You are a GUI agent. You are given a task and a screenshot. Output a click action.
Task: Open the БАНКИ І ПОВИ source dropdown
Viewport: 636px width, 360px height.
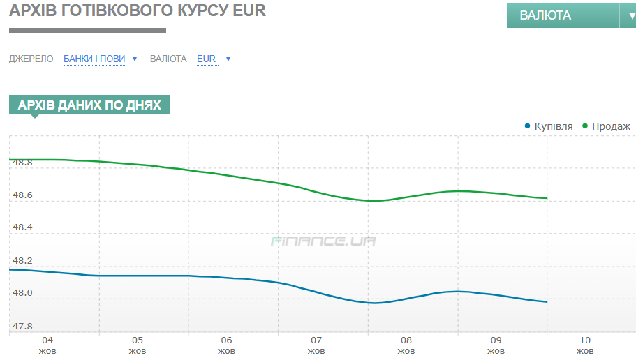click(x=94, y=59)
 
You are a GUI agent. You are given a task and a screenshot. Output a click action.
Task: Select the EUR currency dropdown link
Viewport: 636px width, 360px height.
click(x=207, y=59)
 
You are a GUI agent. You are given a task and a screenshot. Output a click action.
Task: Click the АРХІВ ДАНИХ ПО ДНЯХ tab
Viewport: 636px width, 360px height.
click(x=89, y=105)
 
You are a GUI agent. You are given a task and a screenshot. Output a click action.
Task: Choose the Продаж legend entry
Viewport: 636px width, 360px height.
click(x=611, y=126)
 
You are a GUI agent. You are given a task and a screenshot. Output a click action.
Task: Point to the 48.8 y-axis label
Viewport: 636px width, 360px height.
click(x=23, y=163)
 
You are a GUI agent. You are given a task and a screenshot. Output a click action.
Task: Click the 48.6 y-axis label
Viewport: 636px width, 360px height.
click(x=23, y=195)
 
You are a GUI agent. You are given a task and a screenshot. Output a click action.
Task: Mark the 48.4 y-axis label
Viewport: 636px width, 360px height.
click(x=23, y=227)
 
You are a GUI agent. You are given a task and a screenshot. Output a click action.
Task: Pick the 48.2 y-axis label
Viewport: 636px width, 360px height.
click(x=23, y=260)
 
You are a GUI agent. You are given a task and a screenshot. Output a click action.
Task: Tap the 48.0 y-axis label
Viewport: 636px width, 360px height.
click(x=23, y=293)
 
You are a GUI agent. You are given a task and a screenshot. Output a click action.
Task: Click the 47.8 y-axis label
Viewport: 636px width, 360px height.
click(x=23, y=326)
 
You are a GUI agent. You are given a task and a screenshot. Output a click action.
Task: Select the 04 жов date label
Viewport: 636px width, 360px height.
click(x=47, y=345)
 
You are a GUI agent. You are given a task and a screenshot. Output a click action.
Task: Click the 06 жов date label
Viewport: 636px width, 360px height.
click(x=226, y=345)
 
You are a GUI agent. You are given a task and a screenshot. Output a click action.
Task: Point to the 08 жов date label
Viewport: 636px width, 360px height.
click(x=406, y=345)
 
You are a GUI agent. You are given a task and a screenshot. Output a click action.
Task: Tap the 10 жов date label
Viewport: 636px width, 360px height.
click(x=585, y=345)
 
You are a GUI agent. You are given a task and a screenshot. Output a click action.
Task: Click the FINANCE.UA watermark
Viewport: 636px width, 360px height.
click(x=323, y=241)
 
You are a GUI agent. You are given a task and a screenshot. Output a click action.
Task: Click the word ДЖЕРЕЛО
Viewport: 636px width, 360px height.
click(x=31, y=59)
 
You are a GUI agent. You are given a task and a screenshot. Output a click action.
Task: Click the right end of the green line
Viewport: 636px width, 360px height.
click(x=547, y=198)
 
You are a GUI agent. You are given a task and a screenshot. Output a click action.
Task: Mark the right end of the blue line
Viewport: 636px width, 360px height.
click(x=547, y=302)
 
